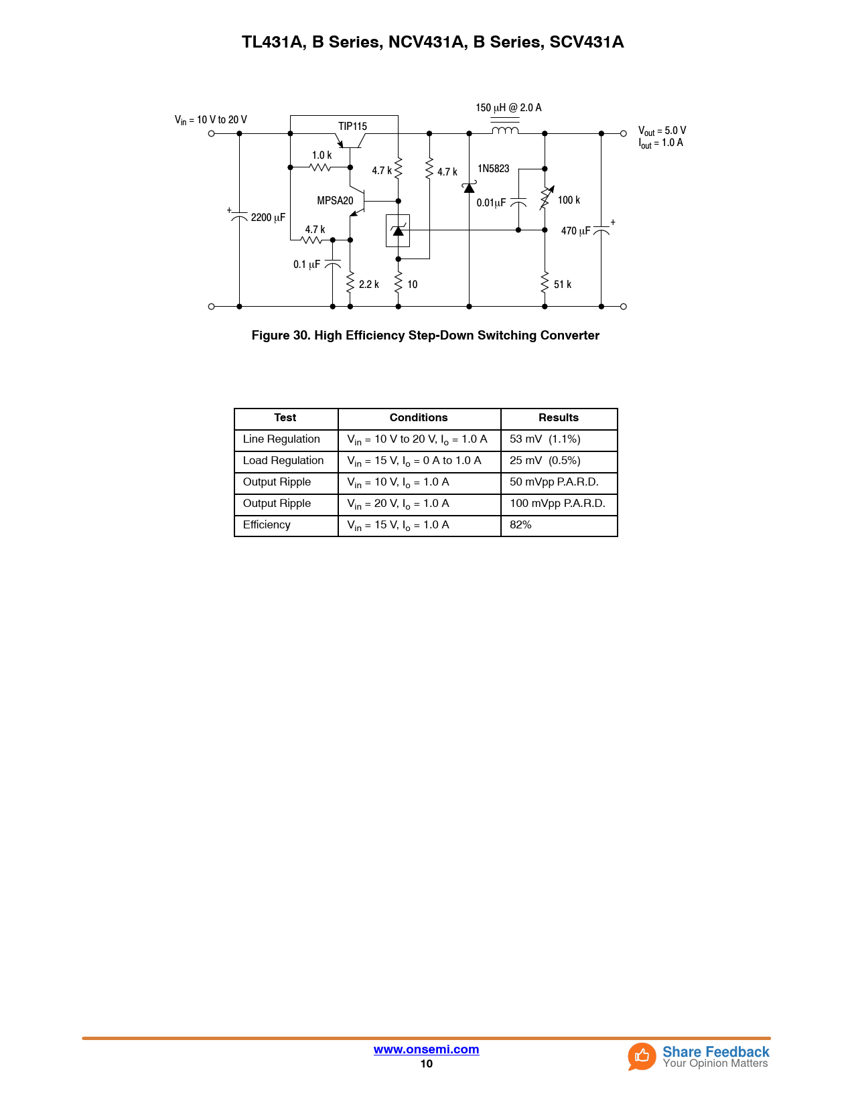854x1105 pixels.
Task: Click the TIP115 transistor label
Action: (352, 126)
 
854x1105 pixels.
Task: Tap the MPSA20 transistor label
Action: (335, 200)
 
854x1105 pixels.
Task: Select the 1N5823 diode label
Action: (493, 169)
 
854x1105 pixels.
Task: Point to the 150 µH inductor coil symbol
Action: (505, 130)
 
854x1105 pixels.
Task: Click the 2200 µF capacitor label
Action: (268, 217)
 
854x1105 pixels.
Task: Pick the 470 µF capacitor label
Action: (575, 231)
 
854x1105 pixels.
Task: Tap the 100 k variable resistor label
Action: (569, 200)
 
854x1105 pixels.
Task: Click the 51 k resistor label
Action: (563, 285)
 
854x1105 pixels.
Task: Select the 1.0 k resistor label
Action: (322, 155)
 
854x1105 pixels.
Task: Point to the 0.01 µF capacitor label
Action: (491, 203)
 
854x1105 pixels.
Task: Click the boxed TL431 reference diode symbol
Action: (398, 230)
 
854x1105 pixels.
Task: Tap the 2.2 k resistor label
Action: (368, 285)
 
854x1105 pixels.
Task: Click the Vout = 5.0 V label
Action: (662, 131)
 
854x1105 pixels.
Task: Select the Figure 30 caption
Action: (425, 336)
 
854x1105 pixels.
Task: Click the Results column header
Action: (558, 418)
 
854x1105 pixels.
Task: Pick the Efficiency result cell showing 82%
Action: (520, 525)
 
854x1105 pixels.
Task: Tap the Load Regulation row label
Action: (283, 461)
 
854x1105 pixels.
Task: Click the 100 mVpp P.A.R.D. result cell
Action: (557, 504)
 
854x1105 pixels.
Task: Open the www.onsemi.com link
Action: (426, 1049)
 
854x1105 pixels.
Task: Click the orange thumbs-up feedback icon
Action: (642, 1056)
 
